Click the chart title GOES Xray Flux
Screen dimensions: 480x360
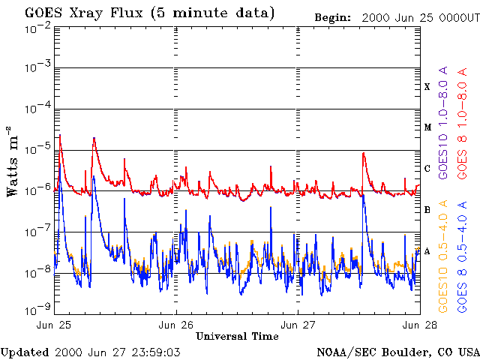[84, 13]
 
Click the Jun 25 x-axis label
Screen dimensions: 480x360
[53, 325]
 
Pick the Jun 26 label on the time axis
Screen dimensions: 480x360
[175, 325]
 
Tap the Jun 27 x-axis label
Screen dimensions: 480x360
[297, 325]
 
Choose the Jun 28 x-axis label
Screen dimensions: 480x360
[419, 325]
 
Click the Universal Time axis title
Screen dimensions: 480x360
[237, 337]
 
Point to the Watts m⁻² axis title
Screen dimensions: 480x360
[13, 162]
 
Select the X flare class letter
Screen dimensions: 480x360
[427, 87]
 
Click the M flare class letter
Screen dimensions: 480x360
[427, 127]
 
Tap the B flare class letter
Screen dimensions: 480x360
[427, 210]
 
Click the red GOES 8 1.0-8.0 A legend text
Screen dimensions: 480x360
[462, 123]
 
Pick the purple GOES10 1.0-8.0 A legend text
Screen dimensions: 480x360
[442, 122]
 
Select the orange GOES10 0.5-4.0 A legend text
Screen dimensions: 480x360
[442, 256]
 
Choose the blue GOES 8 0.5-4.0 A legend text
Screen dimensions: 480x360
[462, 256]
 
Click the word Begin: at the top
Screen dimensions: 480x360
[333, 18]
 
